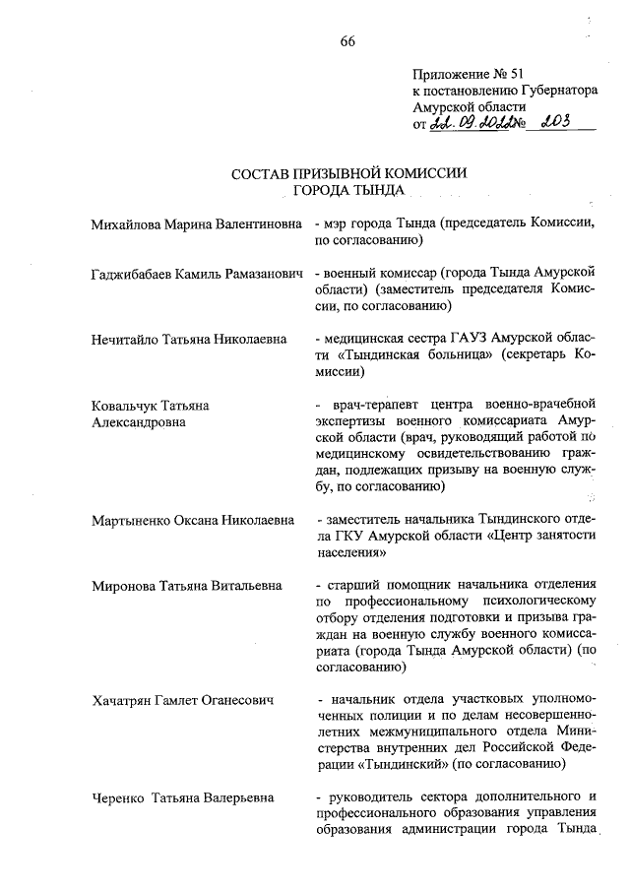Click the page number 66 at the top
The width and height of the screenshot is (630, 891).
347,40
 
